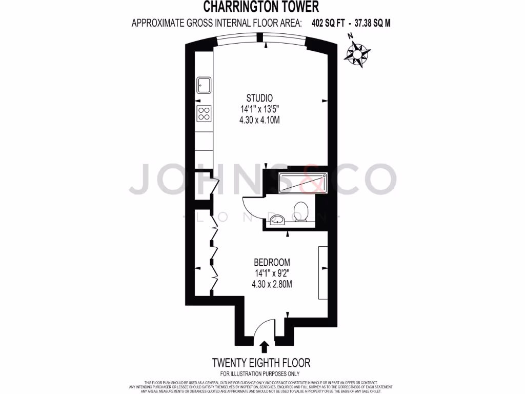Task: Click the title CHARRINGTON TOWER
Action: tap(261, 7)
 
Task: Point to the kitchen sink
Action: tap(204, 85)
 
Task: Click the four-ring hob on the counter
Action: tap(204, 113)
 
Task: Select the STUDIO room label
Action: tap(259, 98)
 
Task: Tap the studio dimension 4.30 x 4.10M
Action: tap(259, 120)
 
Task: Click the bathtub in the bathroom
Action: tap(302, 183)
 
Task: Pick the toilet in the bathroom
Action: tap(301, 211)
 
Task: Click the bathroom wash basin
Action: tap(277, 220)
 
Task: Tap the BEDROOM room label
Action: tap(269, 261)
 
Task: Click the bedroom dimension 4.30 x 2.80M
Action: tap(269, 284)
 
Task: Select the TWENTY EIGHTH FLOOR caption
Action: tap(261, 363)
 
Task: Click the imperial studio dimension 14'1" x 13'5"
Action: tap(259, 109)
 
